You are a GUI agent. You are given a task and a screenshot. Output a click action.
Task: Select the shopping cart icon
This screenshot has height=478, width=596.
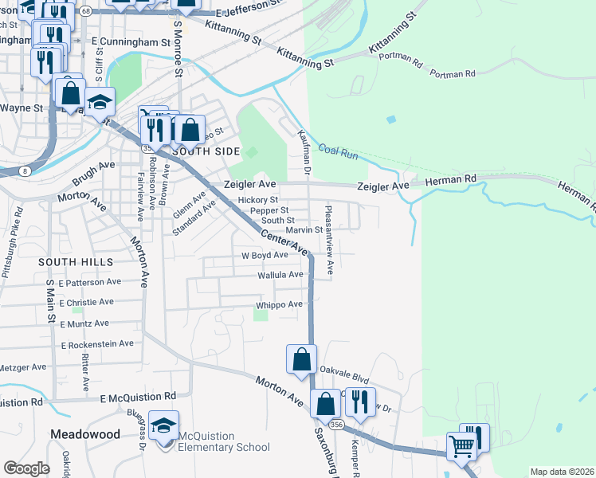pyautogui.click(x=461, y=447)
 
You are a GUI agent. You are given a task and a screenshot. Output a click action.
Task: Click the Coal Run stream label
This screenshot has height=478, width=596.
pyautogui.click(x=339, y=151)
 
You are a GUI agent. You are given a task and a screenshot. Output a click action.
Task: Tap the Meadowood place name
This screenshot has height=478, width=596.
pyautogui.click(x=84, y=434)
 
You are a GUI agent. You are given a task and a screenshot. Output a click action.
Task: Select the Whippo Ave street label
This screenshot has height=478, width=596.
pyautogui.click(x=279, y=304)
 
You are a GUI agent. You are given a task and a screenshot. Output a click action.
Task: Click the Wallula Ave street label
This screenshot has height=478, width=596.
pyautogui.click(x=280, y=275)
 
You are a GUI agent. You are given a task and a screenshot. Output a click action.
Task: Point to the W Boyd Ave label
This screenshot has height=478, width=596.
pyautogui.click(x=265, y=255)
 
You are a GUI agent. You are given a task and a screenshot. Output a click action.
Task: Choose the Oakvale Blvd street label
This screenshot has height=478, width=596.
pyautogui.click(x=345, y=370)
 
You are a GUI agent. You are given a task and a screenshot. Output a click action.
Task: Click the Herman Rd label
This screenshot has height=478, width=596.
pyautogui.click(x=449, y=179)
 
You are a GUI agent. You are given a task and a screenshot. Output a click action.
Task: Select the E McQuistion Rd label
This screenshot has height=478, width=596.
pyautogui.click(x=138, y=397)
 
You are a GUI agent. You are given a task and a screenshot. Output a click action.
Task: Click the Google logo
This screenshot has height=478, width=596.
pyautogui.click(x=26, y=468)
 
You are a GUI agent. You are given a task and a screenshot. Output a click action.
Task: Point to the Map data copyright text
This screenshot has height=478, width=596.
pyautogui.click(x=562, y=472)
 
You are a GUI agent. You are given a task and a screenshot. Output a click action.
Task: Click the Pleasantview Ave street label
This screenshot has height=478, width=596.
pyautogui.click(x=328, y=239)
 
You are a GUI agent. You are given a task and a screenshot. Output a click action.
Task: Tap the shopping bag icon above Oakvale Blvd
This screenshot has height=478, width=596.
pyautogui.click(x=302, y=359)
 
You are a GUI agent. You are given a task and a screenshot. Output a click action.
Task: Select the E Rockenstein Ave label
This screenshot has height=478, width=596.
pyautogui.click(x=97, y=344)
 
